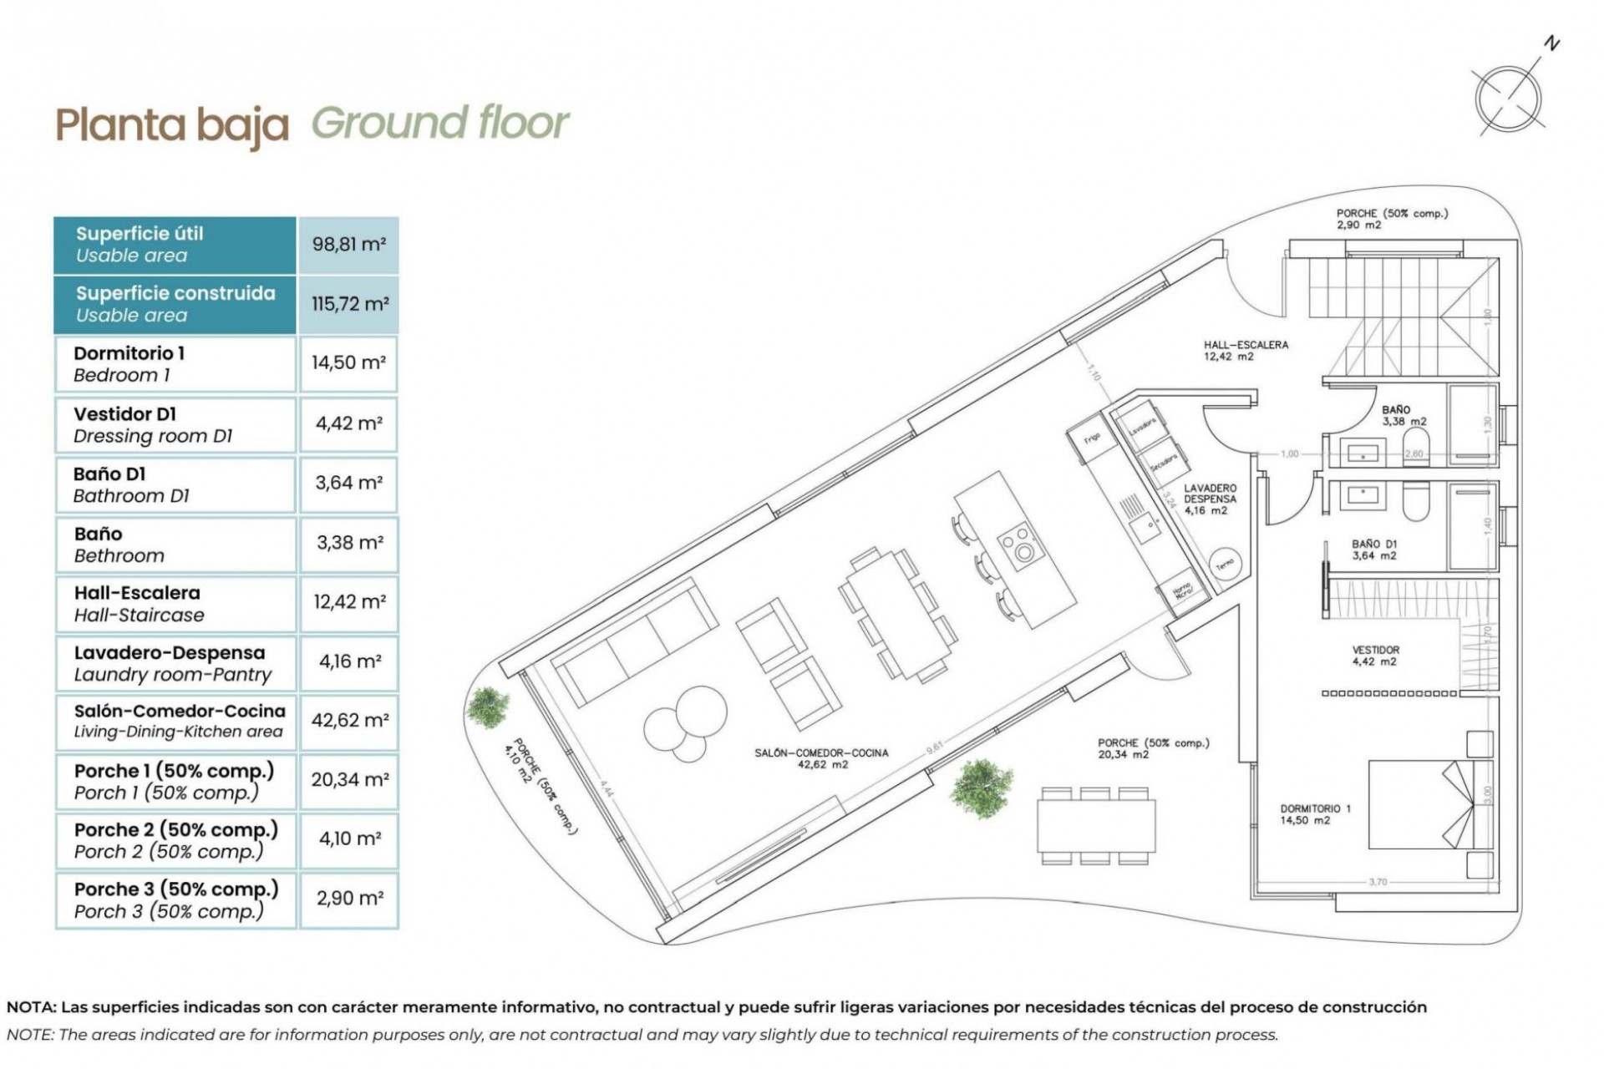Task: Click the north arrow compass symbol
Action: (x=1509, y=99)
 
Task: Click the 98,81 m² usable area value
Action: (x=348, y=245)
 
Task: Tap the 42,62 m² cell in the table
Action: (x=348, y=720)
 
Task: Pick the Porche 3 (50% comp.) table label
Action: (x=175, y=899)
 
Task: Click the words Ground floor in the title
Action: (x=439, y=124)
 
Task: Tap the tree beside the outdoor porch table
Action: (x=981, y=785)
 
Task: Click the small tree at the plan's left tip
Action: (x=487, y=707)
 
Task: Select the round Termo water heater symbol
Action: (x=1225, y=565)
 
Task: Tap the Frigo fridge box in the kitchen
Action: (x=1093, y=439)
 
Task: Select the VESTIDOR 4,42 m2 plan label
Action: (x=1375, y=656)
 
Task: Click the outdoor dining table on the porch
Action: (x=1096, y=825)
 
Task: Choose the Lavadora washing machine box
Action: (x=1140, y=426)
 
